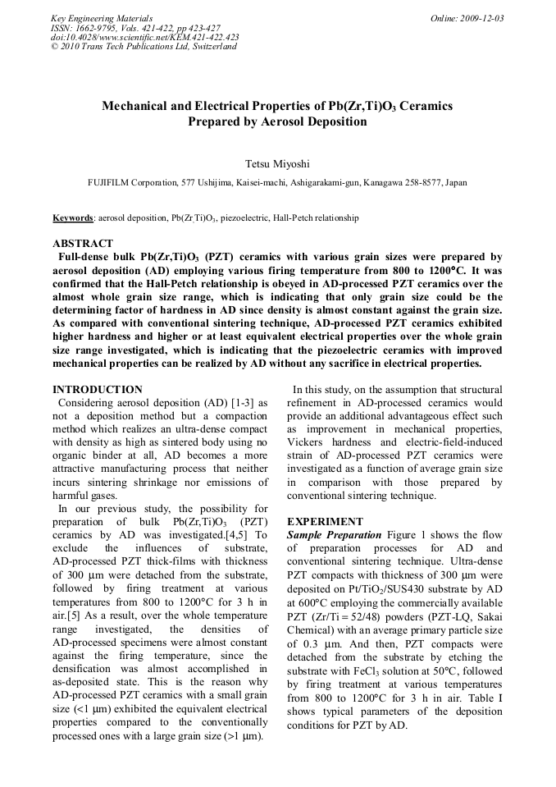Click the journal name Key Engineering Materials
[x=102, y=18]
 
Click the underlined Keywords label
[x=72, y=218]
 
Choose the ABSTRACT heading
[x=83, y=244]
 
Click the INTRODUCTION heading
[x=97, y=389]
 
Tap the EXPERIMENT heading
[x=325, y=521]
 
